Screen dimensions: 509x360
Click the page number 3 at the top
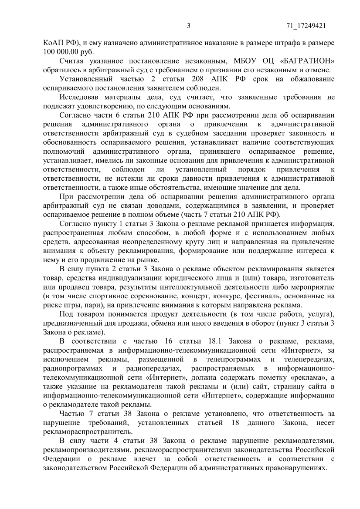(189, 26)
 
